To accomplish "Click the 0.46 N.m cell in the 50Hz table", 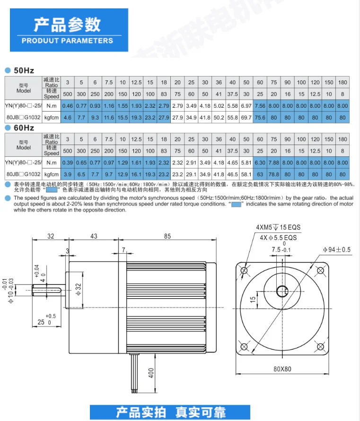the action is [68, 106].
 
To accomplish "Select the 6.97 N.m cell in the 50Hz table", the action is [246, 106].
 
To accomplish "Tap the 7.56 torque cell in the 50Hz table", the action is [260, 106].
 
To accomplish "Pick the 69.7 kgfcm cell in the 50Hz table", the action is [246, 118].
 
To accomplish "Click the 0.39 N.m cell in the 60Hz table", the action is [68, 163].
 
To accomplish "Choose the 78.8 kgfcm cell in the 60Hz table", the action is [274, 174].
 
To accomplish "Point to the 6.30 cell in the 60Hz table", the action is [260, 163].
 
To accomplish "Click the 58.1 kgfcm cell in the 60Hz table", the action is [246, 174].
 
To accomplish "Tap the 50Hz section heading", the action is [24, 70].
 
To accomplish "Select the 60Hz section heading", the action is [24, 128].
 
